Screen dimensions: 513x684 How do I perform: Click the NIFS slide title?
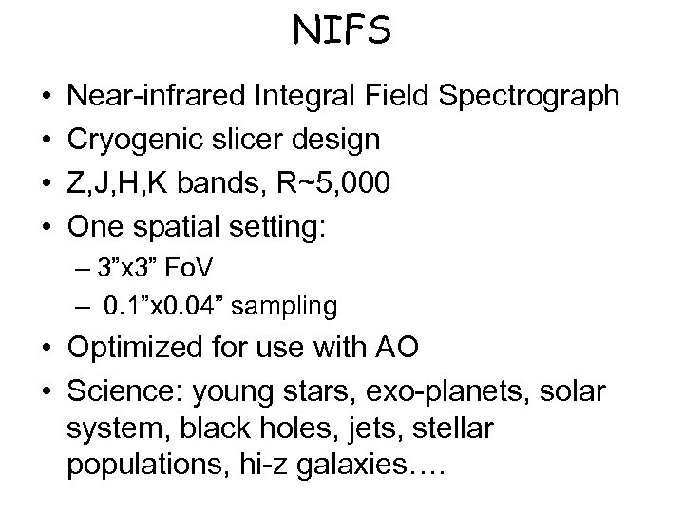click(342, 32)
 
